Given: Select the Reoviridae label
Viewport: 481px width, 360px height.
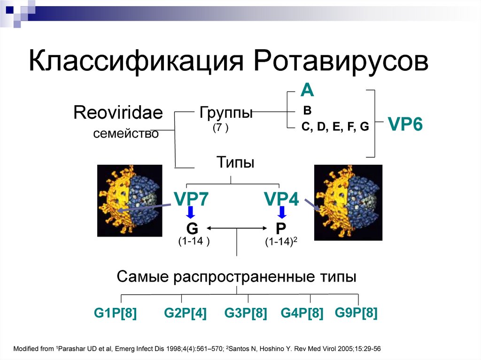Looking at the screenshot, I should coord(118,113).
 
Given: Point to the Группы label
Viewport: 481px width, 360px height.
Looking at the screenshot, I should coord(226,113).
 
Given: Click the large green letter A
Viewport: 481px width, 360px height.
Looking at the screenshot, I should coord(307,90).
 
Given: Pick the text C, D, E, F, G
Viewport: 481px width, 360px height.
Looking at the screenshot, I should coord(335,127).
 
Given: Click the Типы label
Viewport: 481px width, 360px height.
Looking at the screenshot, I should coord(235,163).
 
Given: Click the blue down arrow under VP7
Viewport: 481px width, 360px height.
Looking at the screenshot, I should coord(191,213).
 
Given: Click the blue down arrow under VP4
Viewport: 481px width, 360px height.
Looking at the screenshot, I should coord(282,213).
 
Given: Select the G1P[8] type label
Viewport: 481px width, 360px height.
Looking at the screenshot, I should coord(115,313).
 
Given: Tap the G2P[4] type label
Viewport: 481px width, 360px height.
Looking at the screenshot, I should coord(185,313).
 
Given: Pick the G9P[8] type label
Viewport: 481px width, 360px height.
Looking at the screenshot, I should coord(356,313).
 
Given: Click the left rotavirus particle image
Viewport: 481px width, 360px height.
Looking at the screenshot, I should coord(129,202).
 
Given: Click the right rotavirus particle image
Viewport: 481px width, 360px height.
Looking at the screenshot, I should coord(348,202).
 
